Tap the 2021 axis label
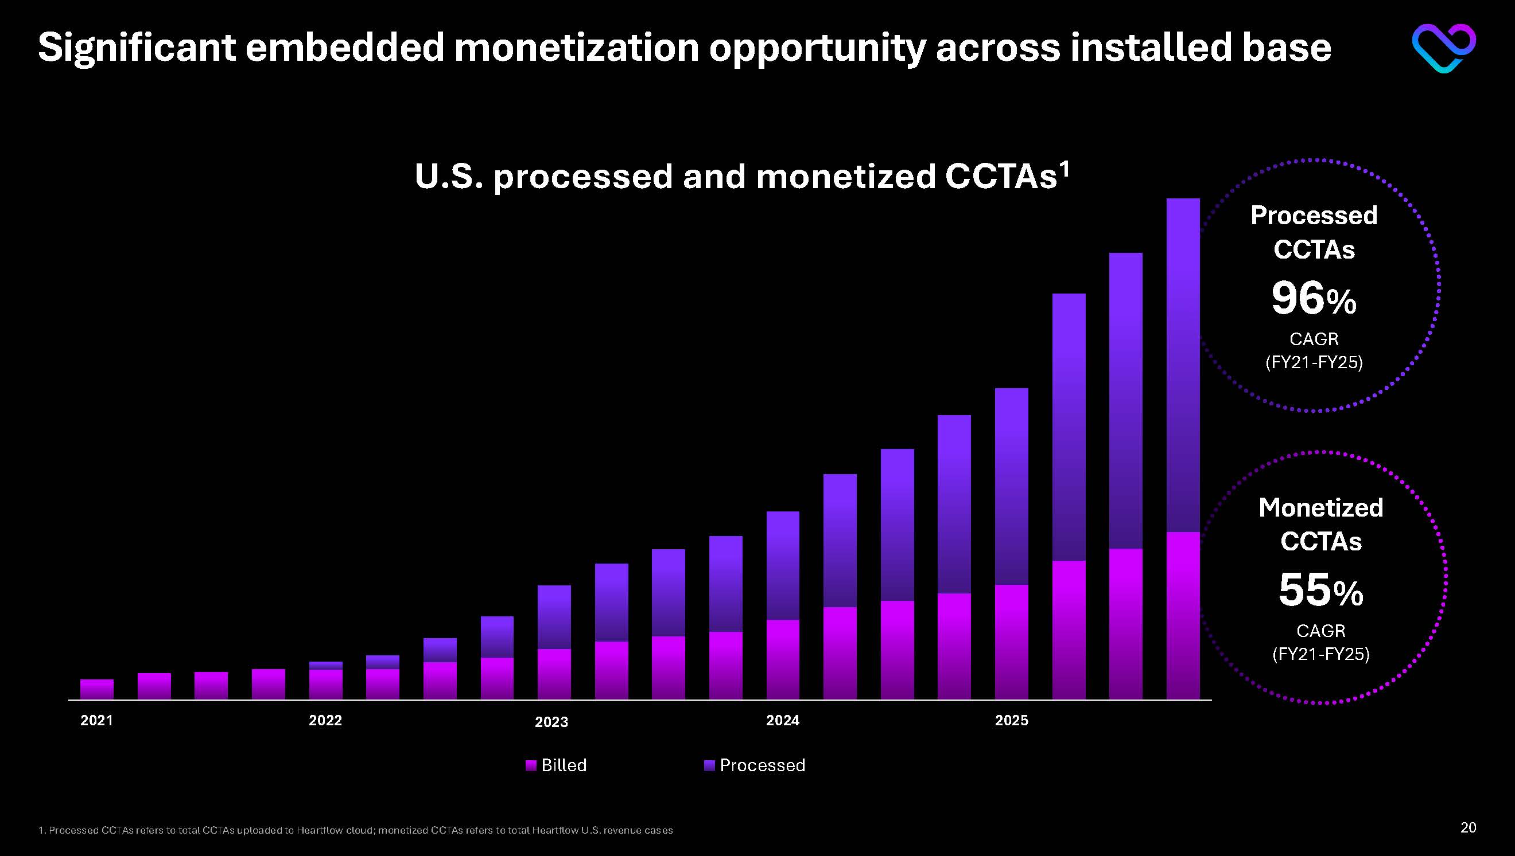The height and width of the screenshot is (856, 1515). [x=96, y=720]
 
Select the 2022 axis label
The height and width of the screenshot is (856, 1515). [x=325, y=720]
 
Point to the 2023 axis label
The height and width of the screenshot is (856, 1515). [x=551, y=722]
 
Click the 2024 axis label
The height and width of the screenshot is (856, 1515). [x=783, y=720]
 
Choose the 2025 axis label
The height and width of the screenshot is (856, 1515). [x=1011, y=720]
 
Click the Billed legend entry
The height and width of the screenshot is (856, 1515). [x=557, y=765]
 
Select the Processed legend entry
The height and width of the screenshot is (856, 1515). [x=755, y=765]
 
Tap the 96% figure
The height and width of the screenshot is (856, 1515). [x=1314, y=299]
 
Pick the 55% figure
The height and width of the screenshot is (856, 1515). [x=1321, y=591]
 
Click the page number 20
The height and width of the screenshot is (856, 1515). [x=1468, y=828]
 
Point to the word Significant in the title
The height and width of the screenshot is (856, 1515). [x=137, y=47]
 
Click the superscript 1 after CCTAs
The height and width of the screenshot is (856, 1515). [x=1063, y=169]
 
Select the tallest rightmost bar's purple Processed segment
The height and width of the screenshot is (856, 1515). [x=1183, y=365]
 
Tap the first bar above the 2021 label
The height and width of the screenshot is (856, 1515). [x=97, y=689]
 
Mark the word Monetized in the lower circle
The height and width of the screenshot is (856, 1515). [x=1321, y=507]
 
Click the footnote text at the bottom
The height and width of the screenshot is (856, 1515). [x=355, y=830]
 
